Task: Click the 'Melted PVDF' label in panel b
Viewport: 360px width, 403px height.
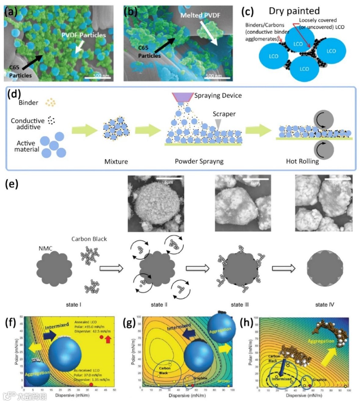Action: tap(200, 15)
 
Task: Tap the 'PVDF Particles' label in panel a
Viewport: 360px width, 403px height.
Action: tap(83, 35)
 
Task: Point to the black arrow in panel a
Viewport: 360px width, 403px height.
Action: tap(33, 61)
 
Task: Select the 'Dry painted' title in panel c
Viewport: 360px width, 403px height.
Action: tap(294, 11)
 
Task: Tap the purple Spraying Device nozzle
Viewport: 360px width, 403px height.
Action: tap(183, 97)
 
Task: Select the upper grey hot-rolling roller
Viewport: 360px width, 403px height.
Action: tap(323, 120)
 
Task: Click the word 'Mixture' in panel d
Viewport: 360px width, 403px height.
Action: tap(116, 162)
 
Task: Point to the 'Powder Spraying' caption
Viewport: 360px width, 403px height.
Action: tap(199, 161)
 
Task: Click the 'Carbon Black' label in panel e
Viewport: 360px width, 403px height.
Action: tap(89, 239)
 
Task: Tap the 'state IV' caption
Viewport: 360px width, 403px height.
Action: tap(324, 305)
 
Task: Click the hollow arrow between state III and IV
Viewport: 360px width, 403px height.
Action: tap(284, 268)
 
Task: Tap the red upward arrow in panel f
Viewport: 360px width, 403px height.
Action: tap(108, 340)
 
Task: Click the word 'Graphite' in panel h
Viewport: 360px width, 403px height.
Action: tap(319, 380)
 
